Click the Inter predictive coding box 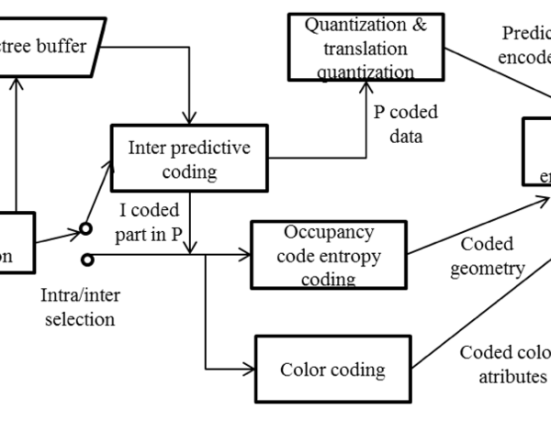click(190, 159)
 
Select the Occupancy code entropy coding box click(328, 255)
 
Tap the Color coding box click(332, 370)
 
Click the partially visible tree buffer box click(51, 46)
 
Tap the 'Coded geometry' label click(487, 257)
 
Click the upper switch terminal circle click(87, 228)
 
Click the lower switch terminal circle click(87, 260)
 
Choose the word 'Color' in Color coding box click(304, 370)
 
